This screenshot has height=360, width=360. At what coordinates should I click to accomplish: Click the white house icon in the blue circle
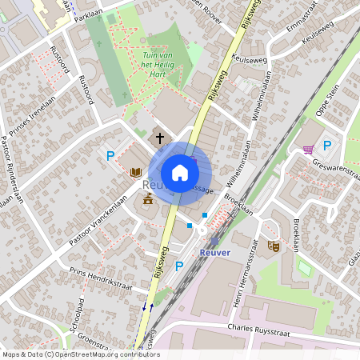180,173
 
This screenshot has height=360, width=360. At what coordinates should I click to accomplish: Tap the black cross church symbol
159,138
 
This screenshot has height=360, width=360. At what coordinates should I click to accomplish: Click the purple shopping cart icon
308,149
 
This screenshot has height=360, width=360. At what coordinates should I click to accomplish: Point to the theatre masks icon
274,247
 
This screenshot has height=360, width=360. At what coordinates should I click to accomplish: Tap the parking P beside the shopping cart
326,145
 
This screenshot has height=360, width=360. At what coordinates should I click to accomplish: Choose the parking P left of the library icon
110,156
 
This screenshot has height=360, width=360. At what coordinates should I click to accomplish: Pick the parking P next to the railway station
179,266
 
